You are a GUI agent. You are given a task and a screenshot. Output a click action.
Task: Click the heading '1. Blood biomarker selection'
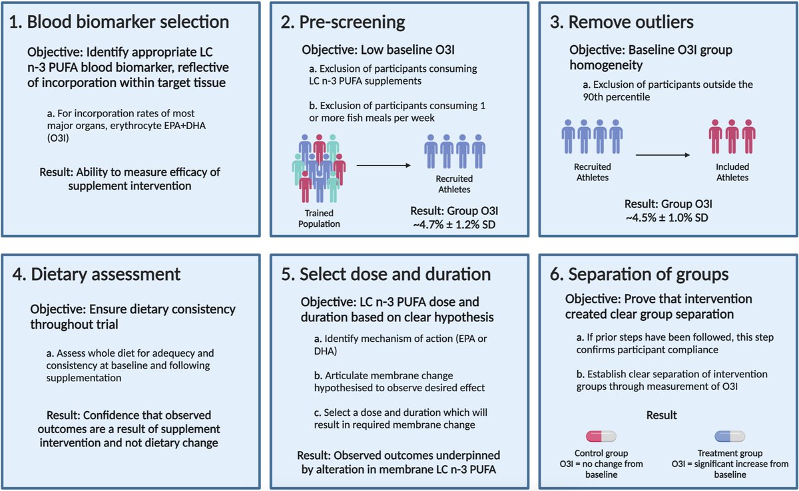[x=121, y=22]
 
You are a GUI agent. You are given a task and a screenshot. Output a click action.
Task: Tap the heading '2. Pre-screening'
[x=342, y=22]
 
